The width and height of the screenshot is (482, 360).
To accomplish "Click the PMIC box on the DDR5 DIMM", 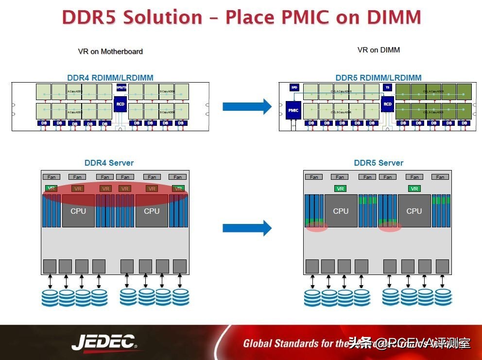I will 293,110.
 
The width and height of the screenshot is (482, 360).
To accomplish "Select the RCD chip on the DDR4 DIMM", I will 120,104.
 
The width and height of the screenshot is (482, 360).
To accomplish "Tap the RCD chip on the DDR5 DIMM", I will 387,104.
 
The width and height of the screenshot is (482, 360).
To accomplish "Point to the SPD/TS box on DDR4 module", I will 121,87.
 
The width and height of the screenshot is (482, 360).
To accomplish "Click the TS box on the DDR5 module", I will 387,87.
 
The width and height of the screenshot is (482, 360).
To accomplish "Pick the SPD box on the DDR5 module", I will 294,87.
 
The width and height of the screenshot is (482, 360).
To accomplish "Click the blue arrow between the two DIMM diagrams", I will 247,106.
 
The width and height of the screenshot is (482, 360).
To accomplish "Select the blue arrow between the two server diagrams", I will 247,227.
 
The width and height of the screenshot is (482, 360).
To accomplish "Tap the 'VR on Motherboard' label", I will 110,51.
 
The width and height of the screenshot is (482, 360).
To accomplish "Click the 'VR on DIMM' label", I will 379,50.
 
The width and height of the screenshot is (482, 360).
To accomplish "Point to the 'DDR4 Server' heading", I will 109,163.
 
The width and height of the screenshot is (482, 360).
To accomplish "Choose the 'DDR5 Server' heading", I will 379,163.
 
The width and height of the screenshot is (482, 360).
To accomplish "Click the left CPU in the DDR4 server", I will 78,211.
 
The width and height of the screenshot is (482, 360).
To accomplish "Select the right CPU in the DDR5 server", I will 414,211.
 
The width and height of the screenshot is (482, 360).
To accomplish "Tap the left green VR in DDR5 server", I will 341,189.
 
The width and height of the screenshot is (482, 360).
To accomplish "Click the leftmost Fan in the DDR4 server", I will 52,177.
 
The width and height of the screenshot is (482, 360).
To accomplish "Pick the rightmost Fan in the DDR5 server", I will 440,177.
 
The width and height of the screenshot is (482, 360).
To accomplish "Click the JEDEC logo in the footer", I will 104,343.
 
